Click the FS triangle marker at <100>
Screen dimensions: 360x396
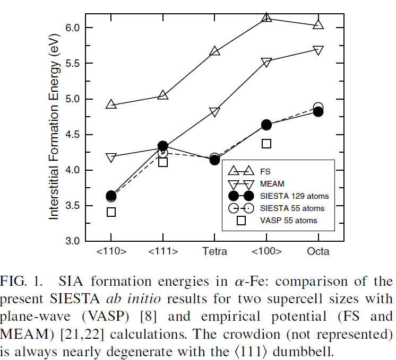[266, 18]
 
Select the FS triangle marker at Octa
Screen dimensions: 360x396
[318, 24]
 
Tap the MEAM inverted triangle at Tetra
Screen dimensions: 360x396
[215, 112]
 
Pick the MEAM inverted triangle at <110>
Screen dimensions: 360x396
[111, 157]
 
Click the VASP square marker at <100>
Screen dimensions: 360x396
[266, 143]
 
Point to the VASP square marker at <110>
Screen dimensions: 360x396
[111, 212]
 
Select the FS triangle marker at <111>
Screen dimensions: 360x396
[163, 95]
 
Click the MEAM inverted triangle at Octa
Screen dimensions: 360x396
[318, 50]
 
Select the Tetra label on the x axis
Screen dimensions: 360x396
[215, 251]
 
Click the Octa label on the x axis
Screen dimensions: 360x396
[318, 251]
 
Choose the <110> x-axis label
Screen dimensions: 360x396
[111, 251]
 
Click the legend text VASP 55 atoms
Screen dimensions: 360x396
[289, 220]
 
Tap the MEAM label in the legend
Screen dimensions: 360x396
[272, 184]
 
